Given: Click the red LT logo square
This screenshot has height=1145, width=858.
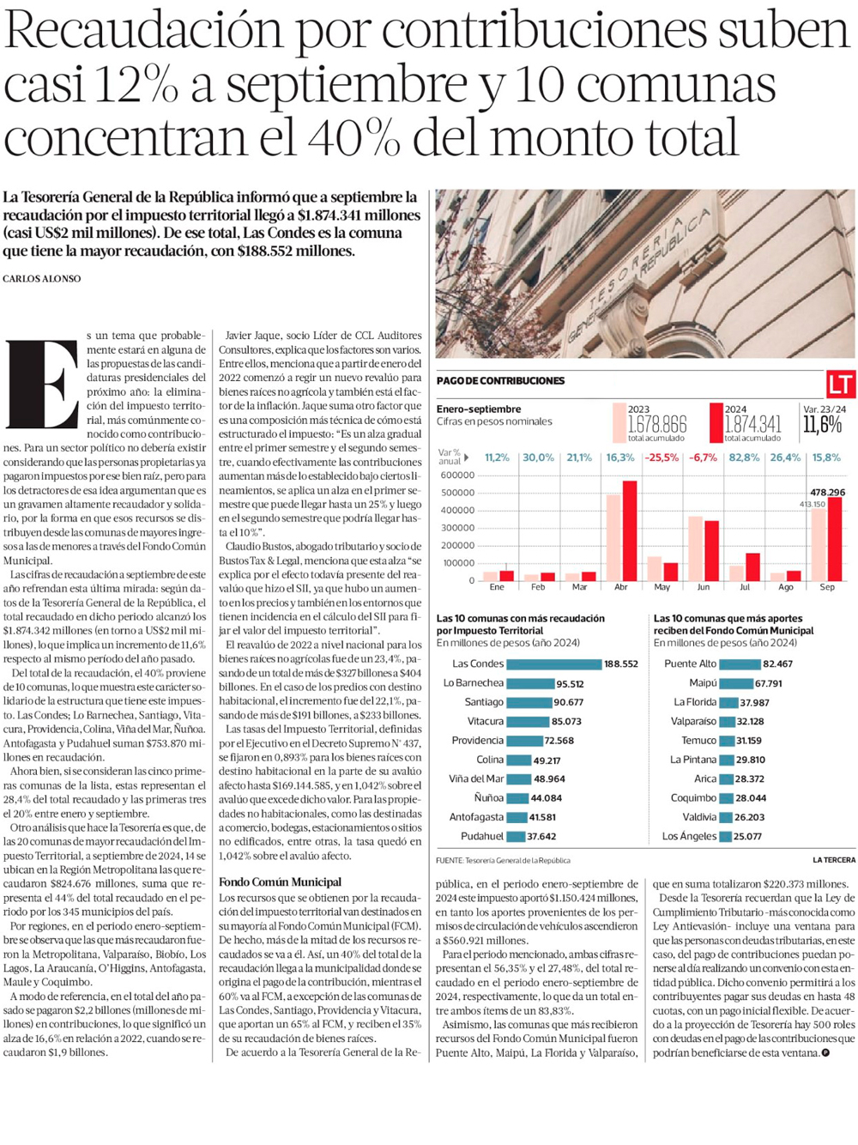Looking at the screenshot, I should pos(840,384).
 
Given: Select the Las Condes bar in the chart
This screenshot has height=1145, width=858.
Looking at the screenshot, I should pos(553,664).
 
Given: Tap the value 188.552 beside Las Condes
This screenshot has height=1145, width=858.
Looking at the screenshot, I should pos(621,664).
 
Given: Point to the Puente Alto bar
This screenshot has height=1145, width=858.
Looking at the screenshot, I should pos(740,664).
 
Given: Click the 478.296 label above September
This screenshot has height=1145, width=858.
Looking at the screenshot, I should pos(827,493).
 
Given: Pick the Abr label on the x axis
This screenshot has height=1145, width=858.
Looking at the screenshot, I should pos(621,587).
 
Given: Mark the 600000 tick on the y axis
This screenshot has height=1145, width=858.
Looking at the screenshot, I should pos(457,476).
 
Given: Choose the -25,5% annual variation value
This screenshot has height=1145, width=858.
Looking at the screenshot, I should pos(662,457).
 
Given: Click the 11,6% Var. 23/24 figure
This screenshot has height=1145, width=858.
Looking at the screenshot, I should pos(823,424).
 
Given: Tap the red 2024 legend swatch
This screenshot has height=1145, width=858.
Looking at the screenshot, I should pos(716,422).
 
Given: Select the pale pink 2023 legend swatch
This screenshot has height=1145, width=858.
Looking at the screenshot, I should pos(619,422).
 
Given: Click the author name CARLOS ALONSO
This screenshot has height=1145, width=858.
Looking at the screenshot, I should pos(42,279).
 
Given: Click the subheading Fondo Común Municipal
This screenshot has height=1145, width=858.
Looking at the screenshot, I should pos(280,881).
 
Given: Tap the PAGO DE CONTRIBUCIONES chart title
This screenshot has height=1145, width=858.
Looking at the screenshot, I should pos(500,381).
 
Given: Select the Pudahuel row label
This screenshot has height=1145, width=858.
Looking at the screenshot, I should pos(481,836).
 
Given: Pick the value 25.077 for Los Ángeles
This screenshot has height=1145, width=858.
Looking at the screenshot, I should pos(748,837).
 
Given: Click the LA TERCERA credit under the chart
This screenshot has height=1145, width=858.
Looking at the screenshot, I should pos(833,860).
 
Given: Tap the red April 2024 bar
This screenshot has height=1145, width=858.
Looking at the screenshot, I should pos(630,530).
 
